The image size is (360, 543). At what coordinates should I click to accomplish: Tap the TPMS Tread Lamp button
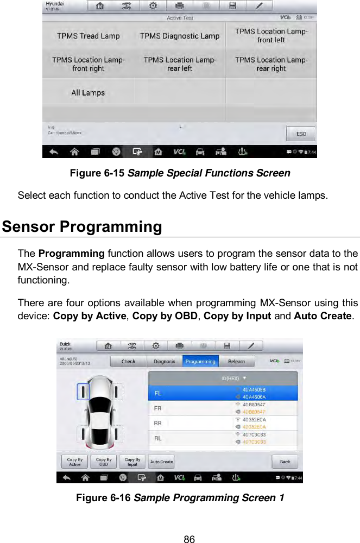(88, 36)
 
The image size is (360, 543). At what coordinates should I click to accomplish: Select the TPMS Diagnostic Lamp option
(179, 36)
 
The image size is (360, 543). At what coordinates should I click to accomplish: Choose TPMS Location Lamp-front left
(271, 36)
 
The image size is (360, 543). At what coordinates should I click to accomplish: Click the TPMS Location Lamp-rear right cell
(271, 64)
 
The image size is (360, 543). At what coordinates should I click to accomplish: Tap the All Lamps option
(88, 93)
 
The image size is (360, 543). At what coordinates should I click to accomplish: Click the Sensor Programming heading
(82, 226)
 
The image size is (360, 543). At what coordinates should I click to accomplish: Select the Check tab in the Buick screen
(129, 361)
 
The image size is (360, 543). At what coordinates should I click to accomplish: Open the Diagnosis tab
(164, 361)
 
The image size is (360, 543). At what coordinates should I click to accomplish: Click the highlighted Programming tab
(200, 361)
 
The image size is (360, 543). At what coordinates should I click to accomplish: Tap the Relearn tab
(236, 361)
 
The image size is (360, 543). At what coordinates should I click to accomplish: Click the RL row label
(159, 438)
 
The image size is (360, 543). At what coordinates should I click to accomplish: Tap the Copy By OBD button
(103, 462)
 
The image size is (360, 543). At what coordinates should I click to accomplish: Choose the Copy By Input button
(132, 462)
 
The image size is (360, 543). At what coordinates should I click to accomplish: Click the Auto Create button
(161, 462)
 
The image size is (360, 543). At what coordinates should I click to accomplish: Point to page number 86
(189, 539)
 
